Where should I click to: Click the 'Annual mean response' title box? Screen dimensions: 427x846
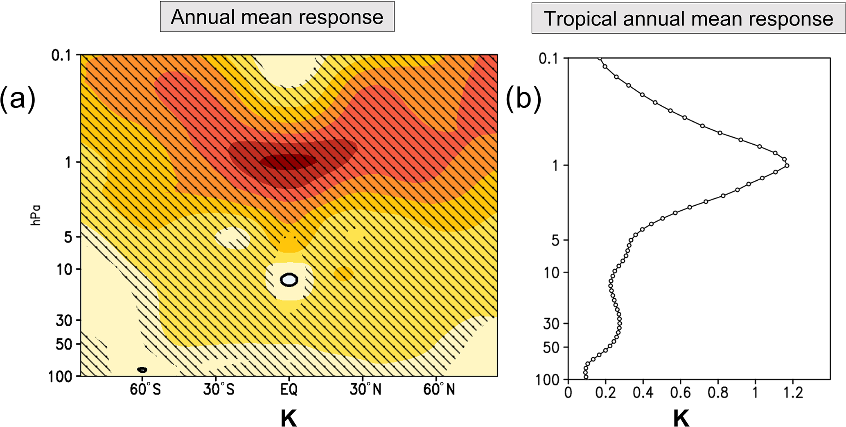277,17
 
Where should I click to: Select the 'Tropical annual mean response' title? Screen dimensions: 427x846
688,18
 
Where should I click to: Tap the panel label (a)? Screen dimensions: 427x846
18,99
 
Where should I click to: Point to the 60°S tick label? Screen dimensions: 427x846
145,389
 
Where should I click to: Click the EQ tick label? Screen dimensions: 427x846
289,389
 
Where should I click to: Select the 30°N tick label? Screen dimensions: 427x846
365,389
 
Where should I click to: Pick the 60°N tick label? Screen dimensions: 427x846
439,389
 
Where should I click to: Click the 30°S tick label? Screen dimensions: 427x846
219,389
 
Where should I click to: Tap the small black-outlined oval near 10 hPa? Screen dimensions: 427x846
289,280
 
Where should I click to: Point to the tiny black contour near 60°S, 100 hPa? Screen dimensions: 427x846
142,370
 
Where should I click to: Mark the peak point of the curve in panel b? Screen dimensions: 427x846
787,166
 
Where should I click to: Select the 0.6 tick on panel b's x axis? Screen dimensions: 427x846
681,393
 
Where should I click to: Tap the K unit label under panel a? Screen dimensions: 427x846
289,418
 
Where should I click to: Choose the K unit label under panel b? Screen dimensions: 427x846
681,418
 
